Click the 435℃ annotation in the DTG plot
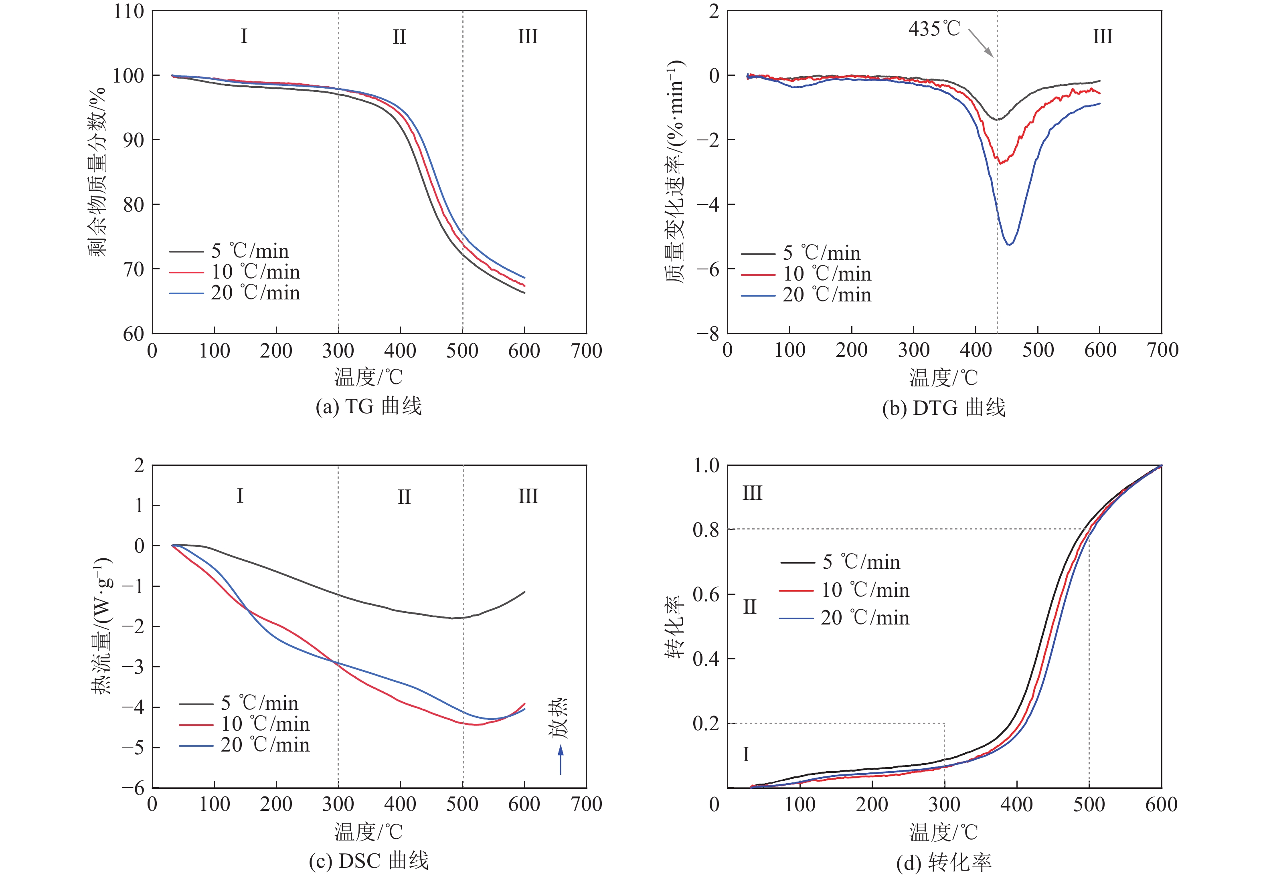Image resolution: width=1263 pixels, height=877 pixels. click(x=934, y=28)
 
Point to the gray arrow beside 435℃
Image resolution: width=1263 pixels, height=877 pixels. click(x=980, y=43)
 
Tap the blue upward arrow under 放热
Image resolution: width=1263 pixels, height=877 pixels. click(x=561, y=760)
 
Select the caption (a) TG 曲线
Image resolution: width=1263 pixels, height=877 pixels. click(x=368, y=406)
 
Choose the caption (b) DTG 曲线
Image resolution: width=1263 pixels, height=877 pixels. click(x=944, y=408)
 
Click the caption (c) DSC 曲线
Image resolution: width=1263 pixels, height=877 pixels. click(x=368, y=861)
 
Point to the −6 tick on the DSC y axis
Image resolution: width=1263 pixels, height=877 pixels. click(x=132, y=788)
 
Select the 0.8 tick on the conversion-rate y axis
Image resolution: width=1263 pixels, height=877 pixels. click(x=706, y=530)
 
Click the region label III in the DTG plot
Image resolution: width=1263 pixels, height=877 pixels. click(x=1102, y=37)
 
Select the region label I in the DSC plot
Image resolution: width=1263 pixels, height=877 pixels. click(x=240, y=496)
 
